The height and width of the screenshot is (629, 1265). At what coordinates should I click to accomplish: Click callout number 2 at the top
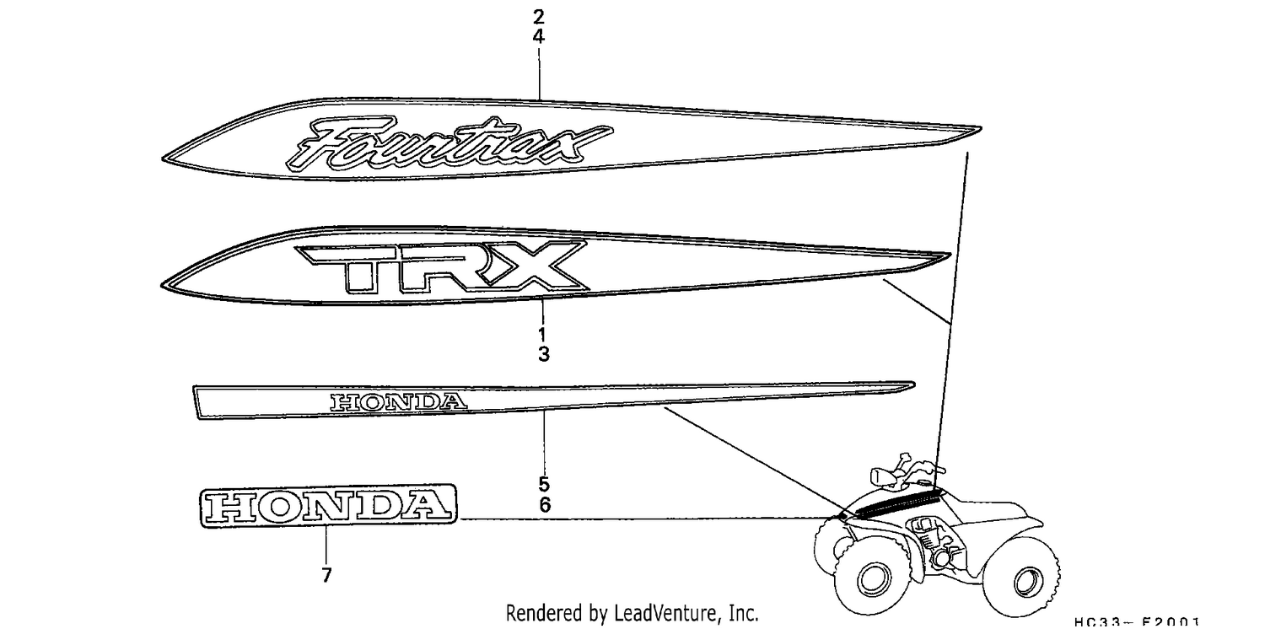point(539,17)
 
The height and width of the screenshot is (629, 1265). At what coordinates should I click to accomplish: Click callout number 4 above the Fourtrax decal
point(539,37)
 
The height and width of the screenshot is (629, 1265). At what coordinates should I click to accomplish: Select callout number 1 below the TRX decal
point(543,334)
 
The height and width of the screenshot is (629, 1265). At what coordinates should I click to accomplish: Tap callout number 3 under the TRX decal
point(543,355)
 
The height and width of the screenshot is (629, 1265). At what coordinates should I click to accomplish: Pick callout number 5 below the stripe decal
point(544,485)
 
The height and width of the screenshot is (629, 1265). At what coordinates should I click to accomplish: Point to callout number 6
point(545,505)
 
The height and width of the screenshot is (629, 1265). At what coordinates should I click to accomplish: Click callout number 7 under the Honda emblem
point(326,575)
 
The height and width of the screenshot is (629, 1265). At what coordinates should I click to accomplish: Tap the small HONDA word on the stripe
point(399,401)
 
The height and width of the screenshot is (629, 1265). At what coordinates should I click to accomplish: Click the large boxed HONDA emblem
point(328,506)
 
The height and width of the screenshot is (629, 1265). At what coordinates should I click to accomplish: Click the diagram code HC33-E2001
point(1137,622)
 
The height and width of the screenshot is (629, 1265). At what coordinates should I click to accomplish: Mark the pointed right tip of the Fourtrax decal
point(981,129)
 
